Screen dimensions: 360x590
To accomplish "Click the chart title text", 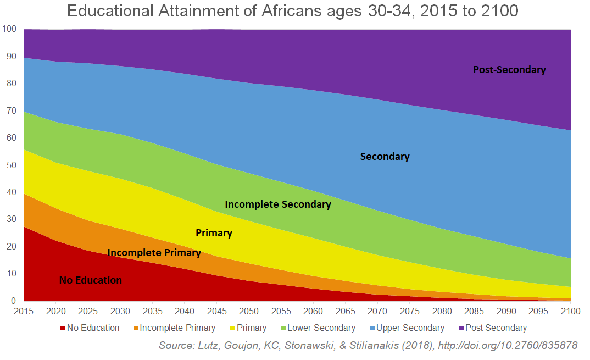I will [x=292, y=11].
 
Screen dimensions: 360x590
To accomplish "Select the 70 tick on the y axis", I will [x=12, y=110].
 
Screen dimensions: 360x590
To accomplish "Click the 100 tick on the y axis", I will [x=10, y=29].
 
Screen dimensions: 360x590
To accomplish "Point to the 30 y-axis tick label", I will [x=12, y=219].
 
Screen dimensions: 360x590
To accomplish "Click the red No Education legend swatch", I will [x=63, y=328].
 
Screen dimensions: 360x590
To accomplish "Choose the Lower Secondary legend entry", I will [x=321, y=328].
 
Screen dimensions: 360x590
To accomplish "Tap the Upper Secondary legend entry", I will [x=408, y=328].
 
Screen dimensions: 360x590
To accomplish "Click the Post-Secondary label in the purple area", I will [x=509, y=70].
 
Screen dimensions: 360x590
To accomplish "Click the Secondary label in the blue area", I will [x=385, y=157].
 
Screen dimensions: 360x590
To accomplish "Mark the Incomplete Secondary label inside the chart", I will [x=278, y=204].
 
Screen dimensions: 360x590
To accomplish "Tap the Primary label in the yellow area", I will [x=214, y=233].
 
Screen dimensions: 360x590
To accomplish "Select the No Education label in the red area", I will [x=91, y=280].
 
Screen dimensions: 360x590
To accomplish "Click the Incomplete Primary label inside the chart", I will [x=154, y=253].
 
